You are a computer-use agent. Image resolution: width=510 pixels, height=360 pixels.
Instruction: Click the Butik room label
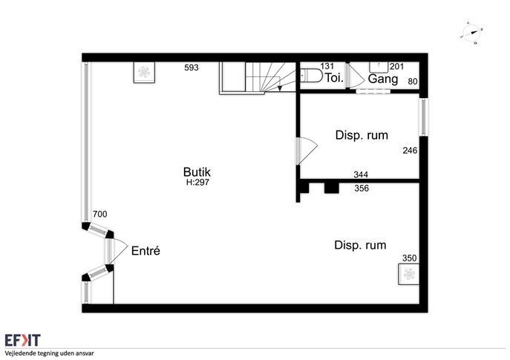point(197,171)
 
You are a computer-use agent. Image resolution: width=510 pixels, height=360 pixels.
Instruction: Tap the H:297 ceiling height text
point(197,183)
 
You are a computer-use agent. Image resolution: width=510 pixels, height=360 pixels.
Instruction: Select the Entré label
point(146,251)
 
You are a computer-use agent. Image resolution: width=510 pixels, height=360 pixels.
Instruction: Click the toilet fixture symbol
point(310,76)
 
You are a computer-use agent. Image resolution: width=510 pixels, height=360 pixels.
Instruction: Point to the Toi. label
point(334,78)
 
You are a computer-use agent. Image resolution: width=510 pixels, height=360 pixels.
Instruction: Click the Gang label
point(383,79)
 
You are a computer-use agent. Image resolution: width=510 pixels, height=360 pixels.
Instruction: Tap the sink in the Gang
point(379,67)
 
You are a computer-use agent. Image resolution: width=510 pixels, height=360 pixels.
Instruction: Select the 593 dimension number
point(192,68)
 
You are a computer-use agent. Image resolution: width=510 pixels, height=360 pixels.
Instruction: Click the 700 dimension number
point(100,214)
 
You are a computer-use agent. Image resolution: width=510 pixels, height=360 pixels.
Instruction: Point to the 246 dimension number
point(410,150)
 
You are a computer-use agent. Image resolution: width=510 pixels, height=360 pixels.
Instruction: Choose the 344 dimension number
point(361,174)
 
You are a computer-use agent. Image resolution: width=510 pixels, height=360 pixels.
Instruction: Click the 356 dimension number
point(362,189)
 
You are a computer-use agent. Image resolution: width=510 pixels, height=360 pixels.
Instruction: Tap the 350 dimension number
point(409,258)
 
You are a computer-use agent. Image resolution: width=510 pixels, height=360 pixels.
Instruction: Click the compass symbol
point(471,33)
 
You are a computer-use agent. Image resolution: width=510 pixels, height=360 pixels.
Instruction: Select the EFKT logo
point(22,340)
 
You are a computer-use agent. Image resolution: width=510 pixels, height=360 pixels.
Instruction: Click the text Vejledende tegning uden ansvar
point(49,353)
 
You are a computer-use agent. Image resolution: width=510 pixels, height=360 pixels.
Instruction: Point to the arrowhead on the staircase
point(280,88)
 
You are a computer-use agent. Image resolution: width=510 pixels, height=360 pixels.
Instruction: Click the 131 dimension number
point(327,66)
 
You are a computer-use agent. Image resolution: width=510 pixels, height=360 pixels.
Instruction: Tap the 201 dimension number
point(397,67)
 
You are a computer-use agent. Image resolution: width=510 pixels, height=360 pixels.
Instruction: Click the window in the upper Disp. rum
point(423,117)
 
